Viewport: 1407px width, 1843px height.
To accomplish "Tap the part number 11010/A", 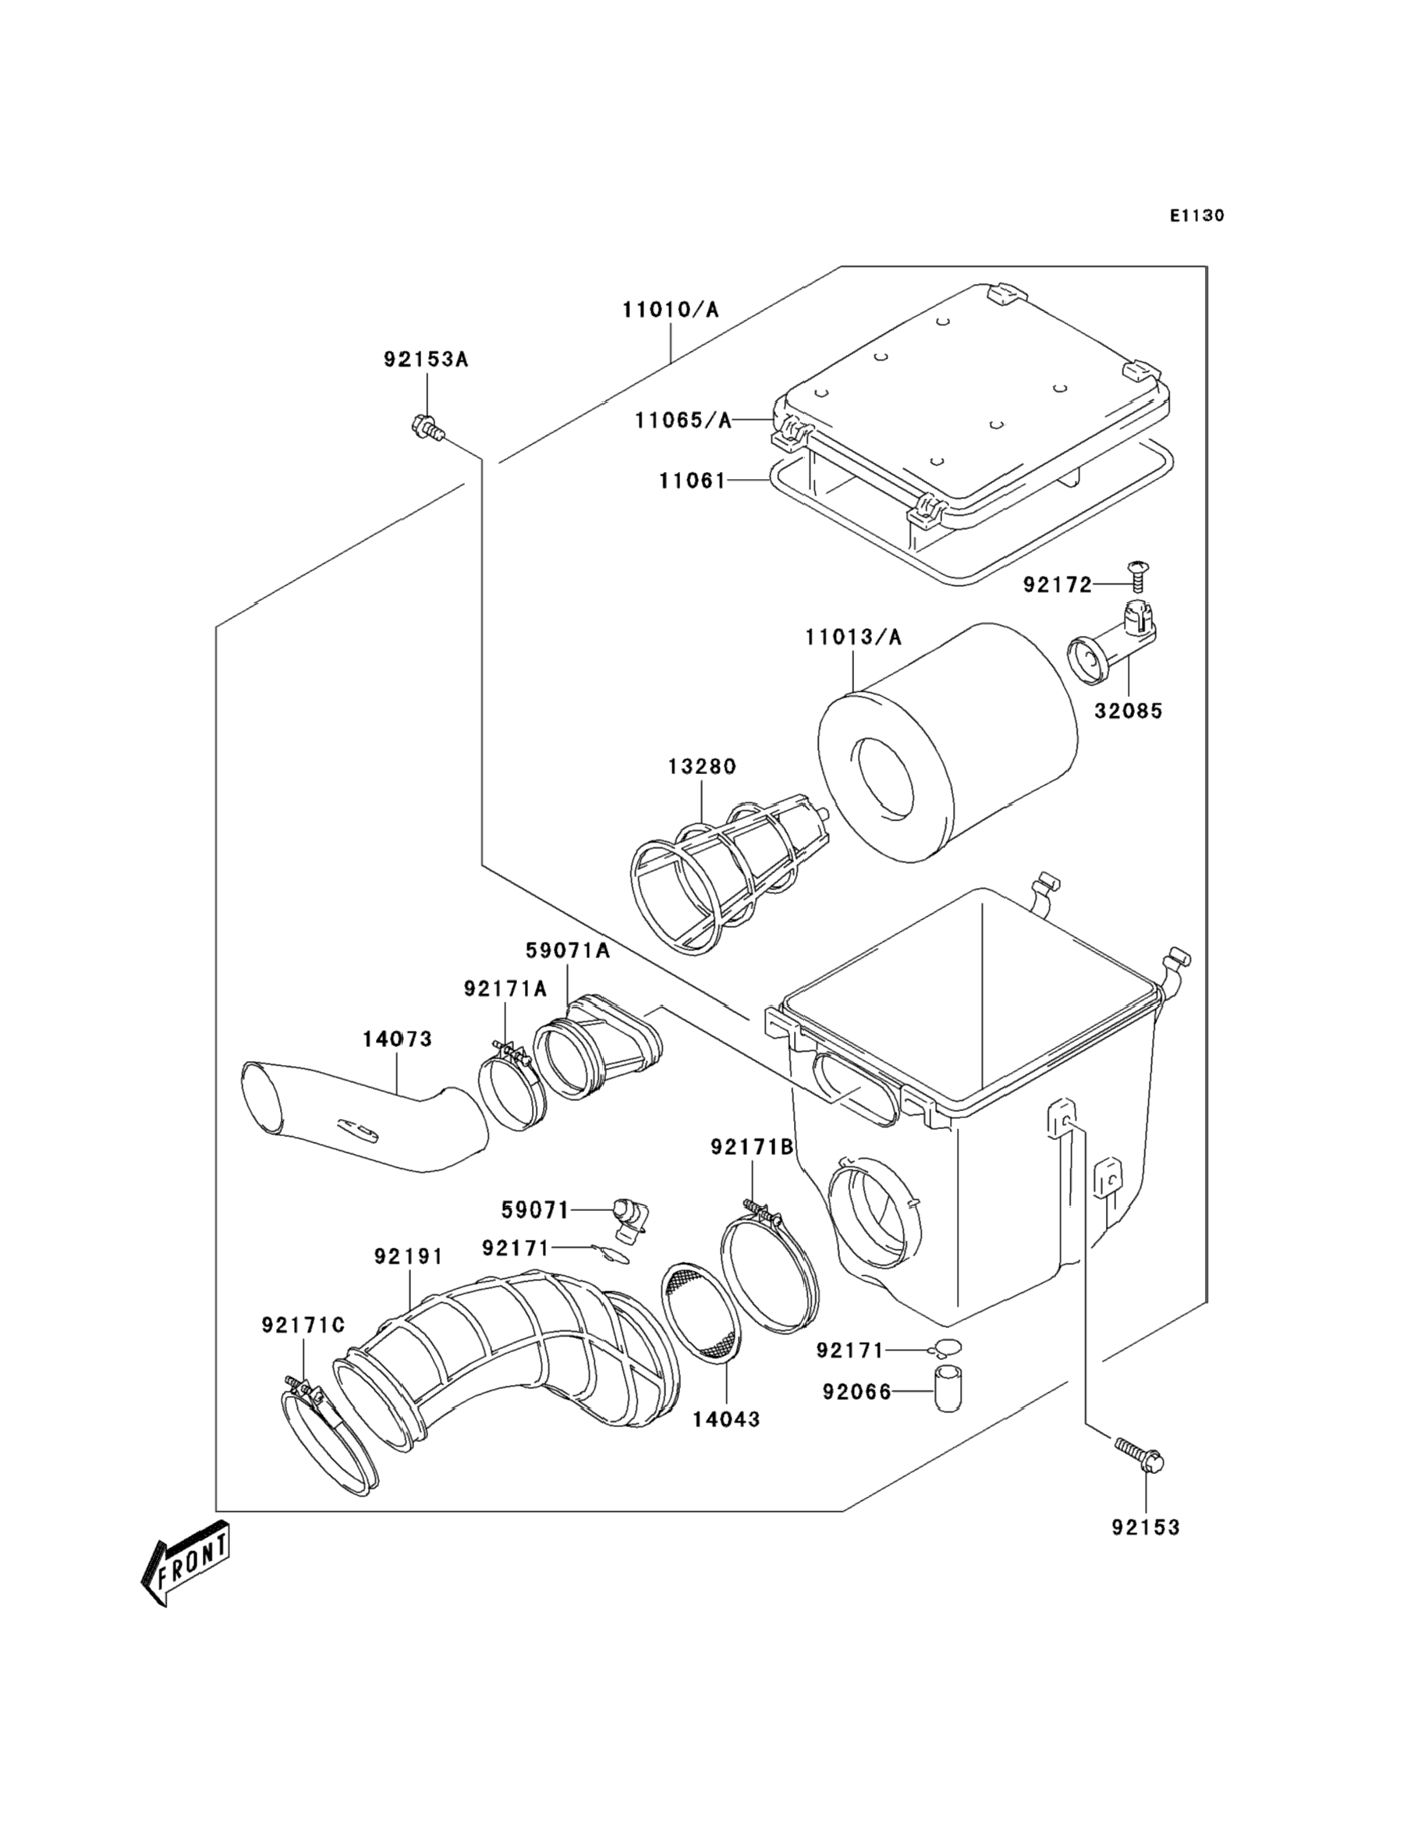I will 670,310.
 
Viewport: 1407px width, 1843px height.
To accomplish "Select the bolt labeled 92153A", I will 427,428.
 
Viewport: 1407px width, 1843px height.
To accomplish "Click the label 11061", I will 693,481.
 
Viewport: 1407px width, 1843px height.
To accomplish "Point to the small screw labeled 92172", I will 1137,577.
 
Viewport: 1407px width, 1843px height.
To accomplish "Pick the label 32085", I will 1128,712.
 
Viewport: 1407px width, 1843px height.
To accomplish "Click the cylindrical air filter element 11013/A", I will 946,741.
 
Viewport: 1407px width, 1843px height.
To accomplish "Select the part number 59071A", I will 567,951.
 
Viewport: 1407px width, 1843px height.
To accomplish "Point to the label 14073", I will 397,1039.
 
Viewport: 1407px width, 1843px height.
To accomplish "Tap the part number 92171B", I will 751,1148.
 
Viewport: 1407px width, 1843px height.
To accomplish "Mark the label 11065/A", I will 682,420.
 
